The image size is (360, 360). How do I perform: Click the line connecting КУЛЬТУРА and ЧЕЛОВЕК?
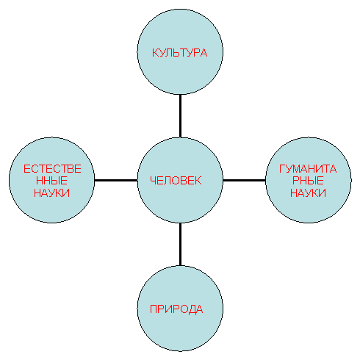[180, 116]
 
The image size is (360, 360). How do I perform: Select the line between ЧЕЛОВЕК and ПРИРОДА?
[180, 244]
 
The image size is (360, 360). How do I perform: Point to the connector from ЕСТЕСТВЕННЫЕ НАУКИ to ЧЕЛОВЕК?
[116, 180]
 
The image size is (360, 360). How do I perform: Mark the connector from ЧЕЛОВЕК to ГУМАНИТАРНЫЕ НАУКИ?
[244, 180]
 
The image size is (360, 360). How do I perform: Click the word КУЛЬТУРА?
[180, 53]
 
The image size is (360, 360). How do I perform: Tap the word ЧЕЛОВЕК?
[176, 181]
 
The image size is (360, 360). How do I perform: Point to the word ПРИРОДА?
[176, 309]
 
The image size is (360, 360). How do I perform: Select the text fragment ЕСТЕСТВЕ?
[52, 169]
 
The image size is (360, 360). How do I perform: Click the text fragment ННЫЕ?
[51, 181]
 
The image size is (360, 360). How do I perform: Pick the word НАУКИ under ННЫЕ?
[51, 192]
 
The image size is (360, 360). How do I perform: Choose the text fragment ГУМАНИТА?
[308, 169]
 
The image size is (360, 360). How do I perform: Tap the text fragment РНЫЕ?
[308, 181]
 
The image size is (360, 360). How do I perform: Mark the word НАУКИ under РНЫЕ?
[308, 192]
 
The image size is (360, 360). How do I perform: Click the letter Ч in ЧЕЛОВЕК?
[153, 181]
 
